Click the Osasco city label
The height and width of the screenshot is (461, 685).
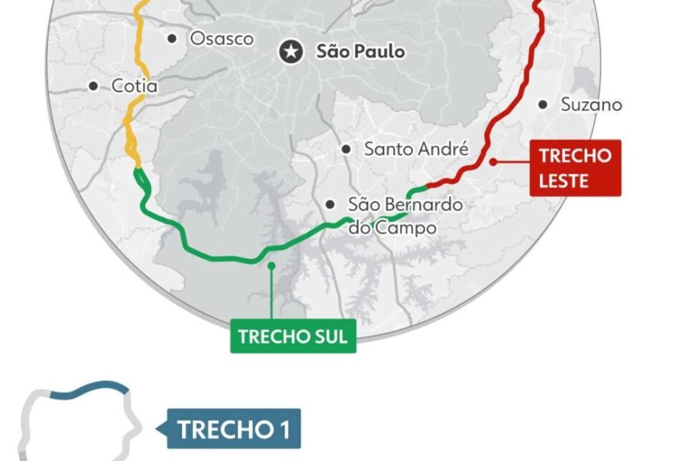tap(222, 38)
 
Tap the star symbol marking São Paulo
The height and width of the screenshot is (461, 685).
tap(291, 52)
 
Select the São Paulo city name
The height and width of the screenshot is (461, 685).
tap(360, 52)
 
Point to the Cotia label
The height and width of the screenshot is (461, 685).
tap(135, 86)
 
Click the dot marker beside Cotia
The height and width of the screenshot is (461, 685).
tap(94, 86)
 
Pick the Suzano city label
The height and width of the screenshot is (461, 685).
tap(592, 104)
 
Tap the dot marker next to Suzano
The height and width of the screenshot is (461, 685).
tap(543, 104)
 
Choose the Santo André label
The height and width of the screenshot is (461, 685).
tap(416, 148)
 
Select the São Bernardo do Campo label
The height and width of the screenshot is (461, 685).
tap(405, 216)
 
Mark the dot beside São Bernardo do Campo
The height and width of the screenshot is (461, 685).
tap(331, 204)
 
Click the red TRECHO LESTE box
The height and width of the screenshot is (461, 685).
tap(574, 167)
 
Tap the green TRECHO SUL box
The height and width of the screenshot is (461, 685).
tap(293, 336)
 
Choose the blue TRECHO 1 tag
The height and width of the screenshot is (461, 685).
tap(234, 429)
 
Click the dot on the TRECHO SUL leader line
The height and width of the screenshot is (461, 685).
tap(271, 266)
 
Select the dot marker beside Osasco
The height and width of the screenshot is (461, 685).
tap(172, 38)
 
